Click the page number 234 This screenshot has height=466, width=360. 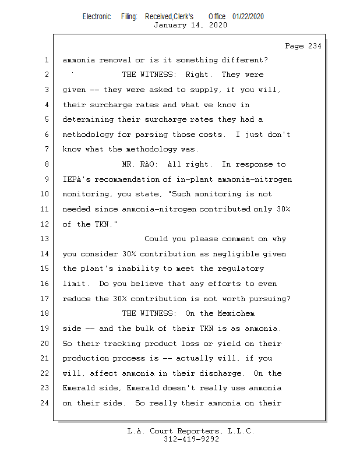click(315, 46)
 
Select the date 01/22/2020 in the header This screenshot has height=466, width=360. click(248, 17)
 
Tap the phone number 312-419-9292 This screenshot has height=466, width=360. click(191, 439)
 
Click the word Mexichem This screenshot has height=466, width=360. click(236, 313)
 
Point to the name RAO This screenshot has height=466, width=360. click(146, 164)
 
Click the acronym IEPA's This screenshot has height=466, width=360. click(76, 179)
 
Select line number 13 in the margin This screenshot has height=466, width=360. click(44, 239)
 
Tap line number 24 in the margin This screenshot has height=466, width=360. click(44, 403)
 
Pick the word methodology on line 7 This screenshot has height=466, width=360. click(151, 149)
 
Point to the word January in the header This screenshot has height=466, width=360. click(170, 25)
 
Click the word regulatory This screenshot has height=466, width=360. click(241, 269)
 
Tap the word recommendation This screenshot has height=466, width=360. click(127, 179)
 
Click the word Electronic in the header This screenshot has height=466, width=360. click(97, 17)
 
